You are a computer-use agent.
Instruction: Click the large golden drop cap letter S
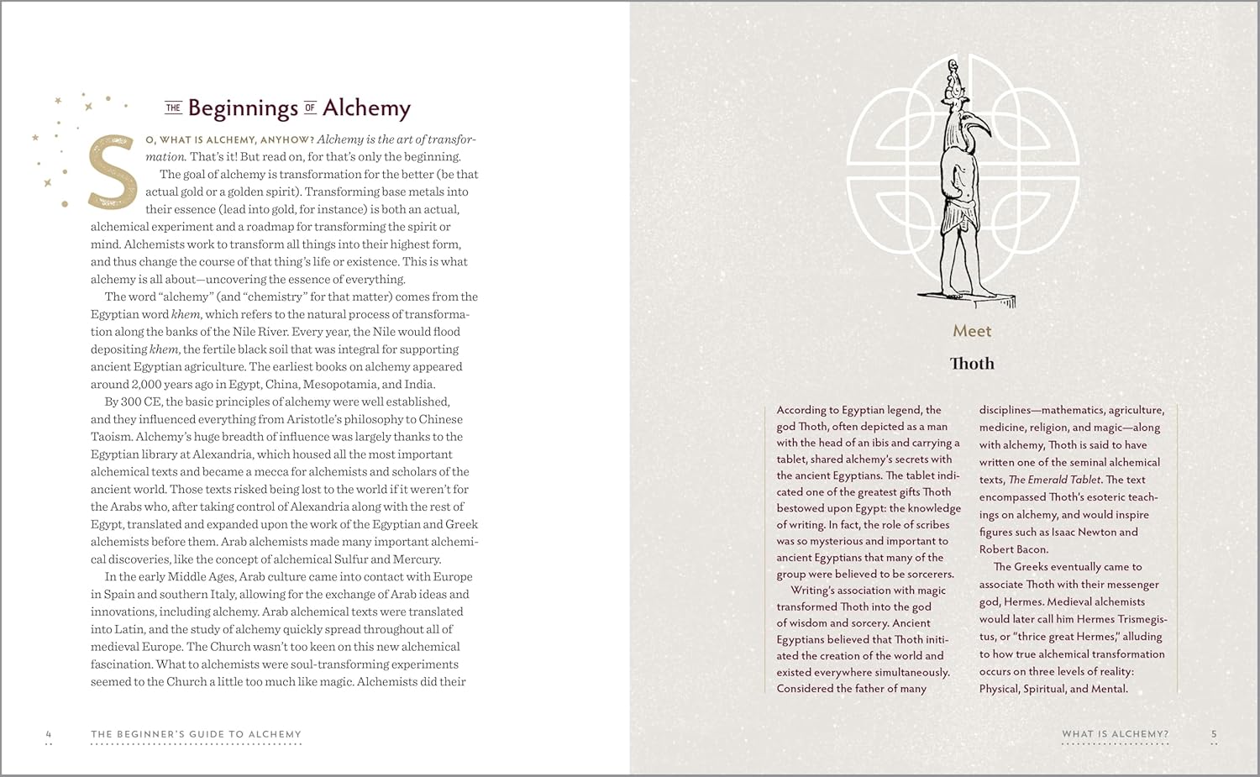[113, 172]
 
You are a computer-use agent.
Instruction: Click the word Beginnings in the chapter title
[243, 108]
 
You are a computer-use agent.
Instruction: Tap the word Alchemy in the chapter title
[366, 108]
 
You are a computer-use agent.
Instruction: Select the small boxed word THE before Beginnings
[173, 108]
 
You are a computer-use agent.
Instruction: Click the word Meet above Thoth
[972, 331]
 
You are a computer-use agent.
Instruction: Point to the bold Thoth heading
[972, 364]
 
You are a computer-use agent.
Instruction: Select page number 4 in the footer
[49, 734]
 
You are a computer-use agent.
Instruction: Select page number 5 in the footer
[1214, 734]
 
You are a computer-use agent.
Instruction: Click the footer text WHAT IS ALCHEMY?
[1115, 734]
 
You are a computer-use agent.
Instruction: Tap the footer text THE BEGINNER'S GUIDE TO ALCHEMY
[196, 734]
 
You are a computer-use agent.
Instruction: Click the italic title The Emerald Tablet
[1054, 480]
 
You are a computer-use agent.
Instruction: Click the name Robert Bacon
[1013, 549]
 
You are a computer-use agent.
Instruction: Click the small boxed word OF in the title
[310, 108]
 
